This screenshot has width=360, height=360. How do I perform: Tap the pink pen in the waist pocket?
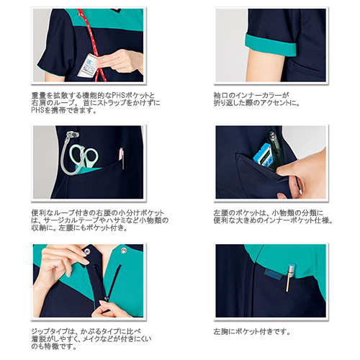tap(122, 157)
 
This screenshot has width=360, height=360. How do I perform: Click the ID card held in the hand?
tap(89, 65)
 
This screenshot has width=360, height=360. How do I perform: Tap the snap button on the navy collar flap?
tap(87, 251)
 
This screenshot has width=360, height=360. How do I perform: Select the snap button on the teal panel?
tap(124, 250)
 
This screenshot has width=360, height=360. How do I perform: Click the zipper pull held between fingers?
tap(105, 299)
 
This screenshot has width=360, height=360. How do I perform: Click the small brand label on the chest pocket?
tap(273, 274)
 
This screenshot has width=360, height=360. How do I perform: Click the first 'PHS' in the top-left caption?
tap(118, 96)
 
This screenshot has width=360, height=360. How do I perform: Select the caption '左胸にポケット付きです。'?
tap(252, 332)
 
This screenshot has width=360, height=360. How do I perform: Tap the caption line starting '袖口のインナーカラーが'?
tap(251, 96)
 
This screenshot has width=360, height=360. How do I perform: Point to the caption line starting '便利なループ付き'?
tap(98, 213)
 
